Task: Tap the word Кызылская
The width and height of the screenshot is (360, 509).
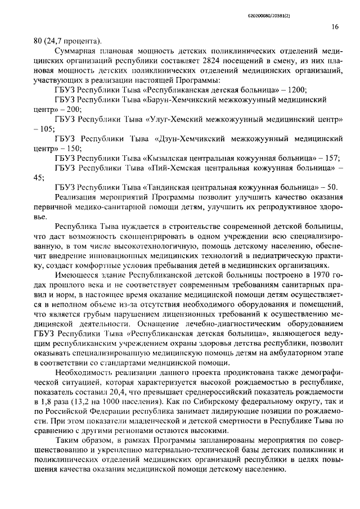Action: [167, 158]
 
